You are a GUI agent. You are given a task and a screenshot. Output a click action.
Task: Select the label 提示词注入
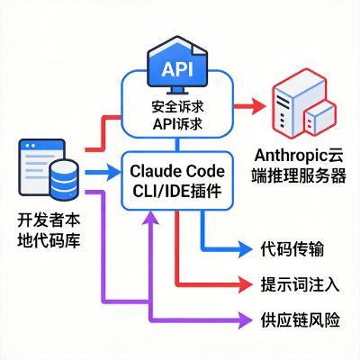point(299,283)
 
